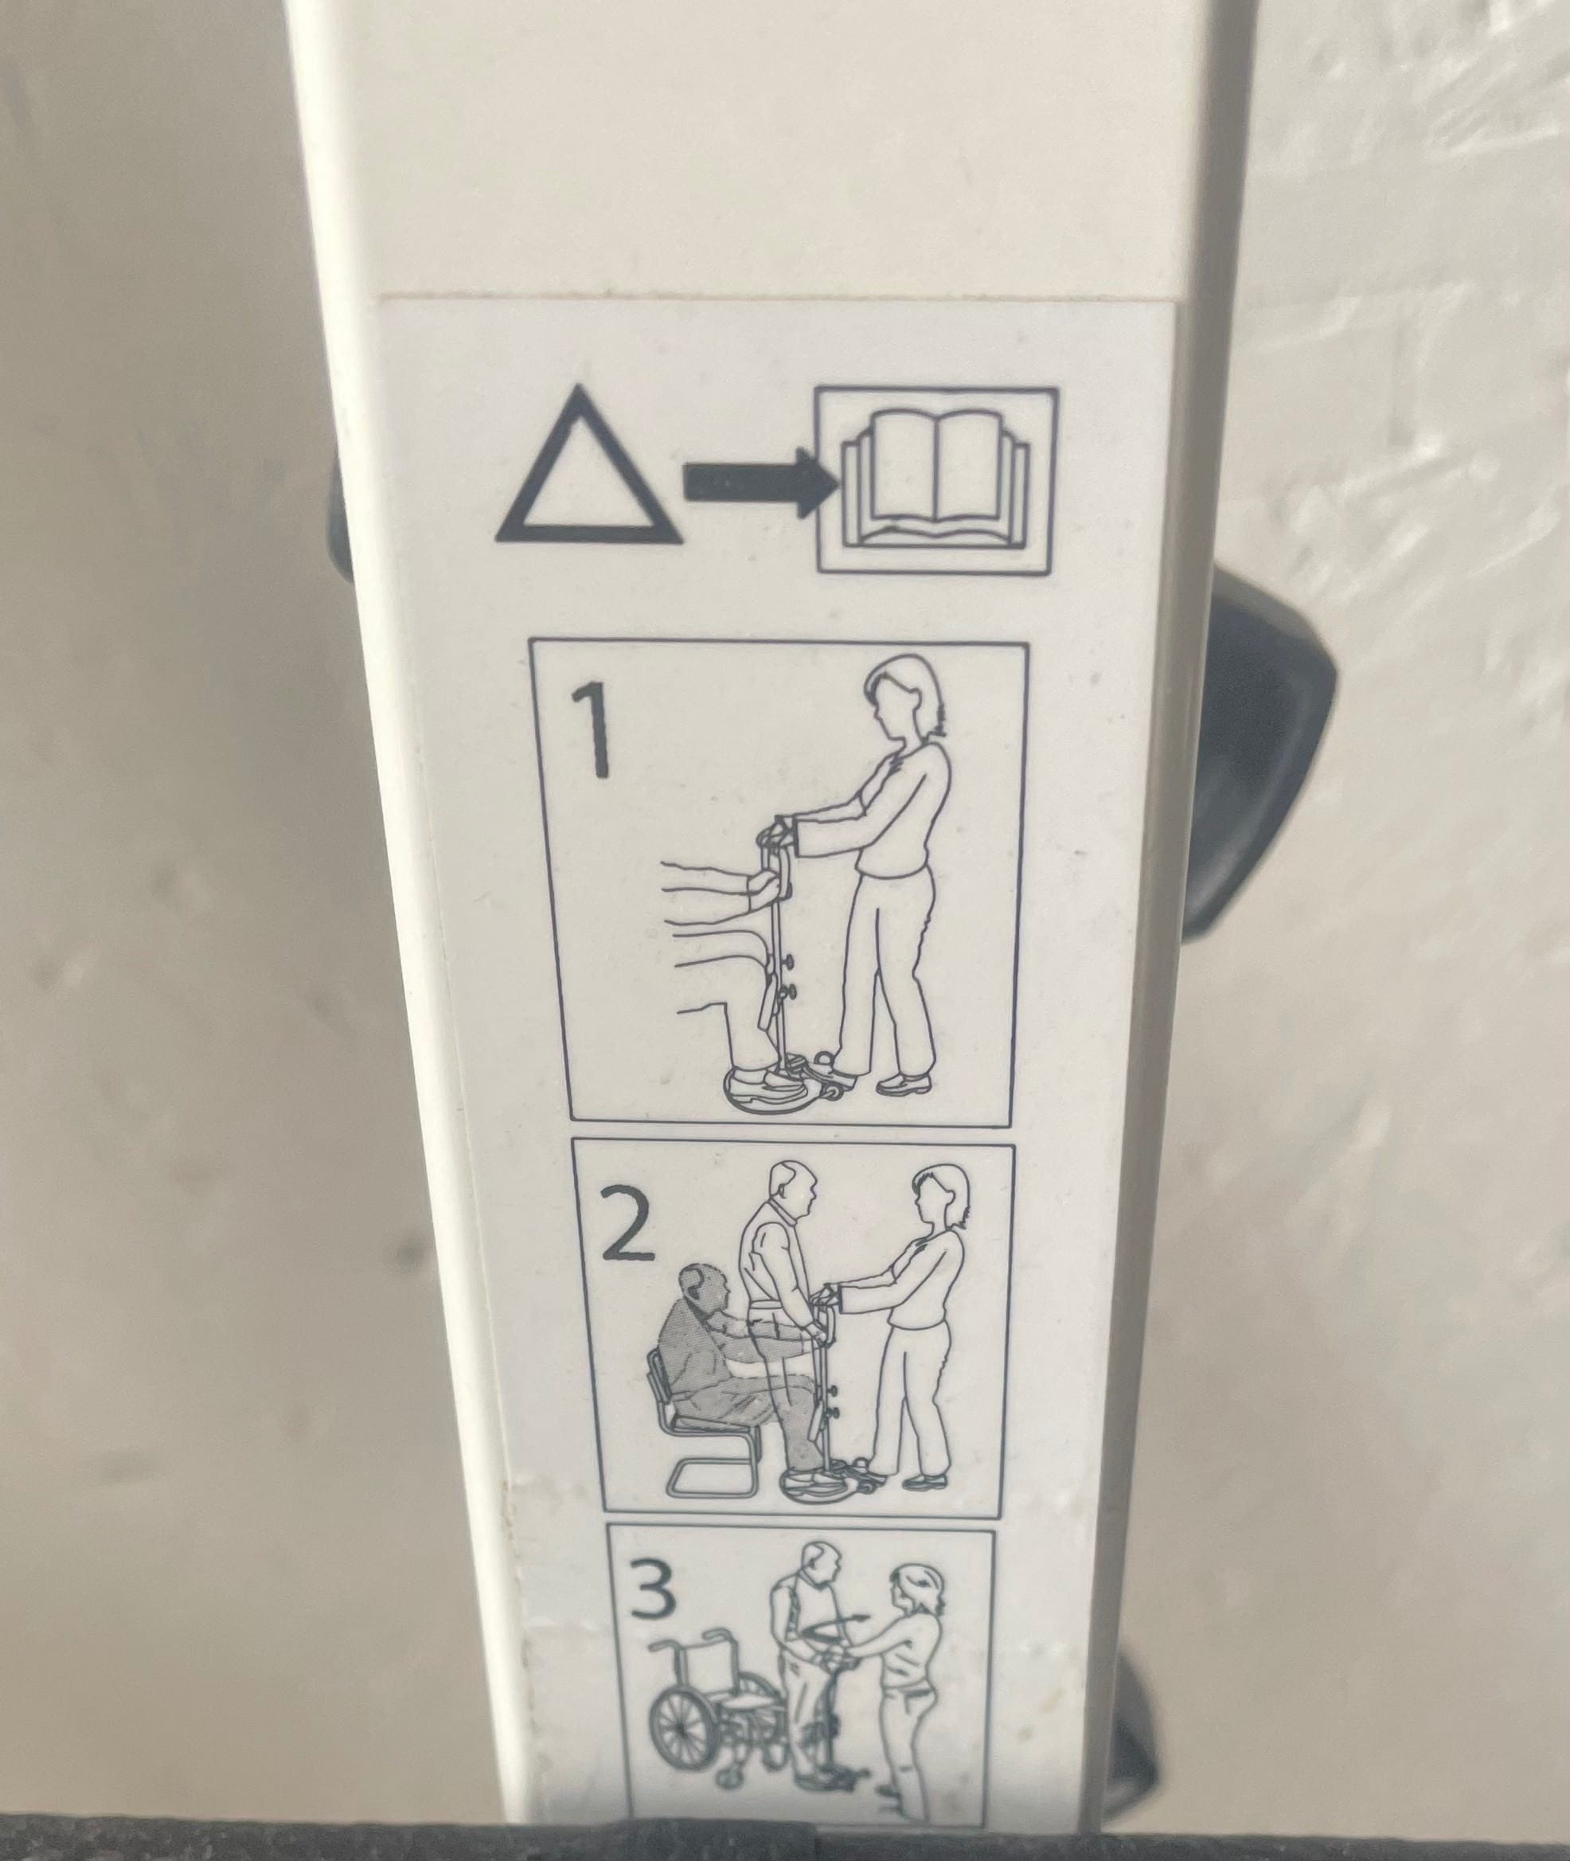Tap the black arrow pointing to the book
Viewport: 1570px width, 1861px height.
761,482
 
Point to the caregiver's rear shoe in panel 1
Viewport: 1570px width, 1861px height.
904,1083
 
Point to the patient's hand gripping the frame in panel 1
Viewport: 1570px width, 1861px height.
764,886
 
